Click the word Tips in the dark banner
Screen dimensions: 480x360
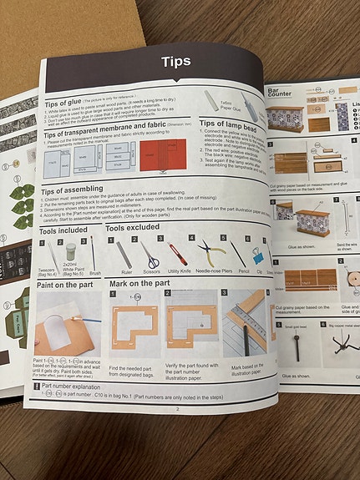(175, 61)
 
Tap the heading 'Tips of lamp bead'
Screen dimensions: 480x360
(229, 124)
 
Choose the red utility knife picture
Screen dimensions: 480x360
(179, 253)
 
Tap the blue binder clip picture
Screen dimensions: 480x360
(260, 253)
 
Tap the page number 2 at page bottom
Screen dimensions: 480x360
(176, 408)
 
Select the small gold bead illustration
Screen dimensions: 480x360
(295, 346)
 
